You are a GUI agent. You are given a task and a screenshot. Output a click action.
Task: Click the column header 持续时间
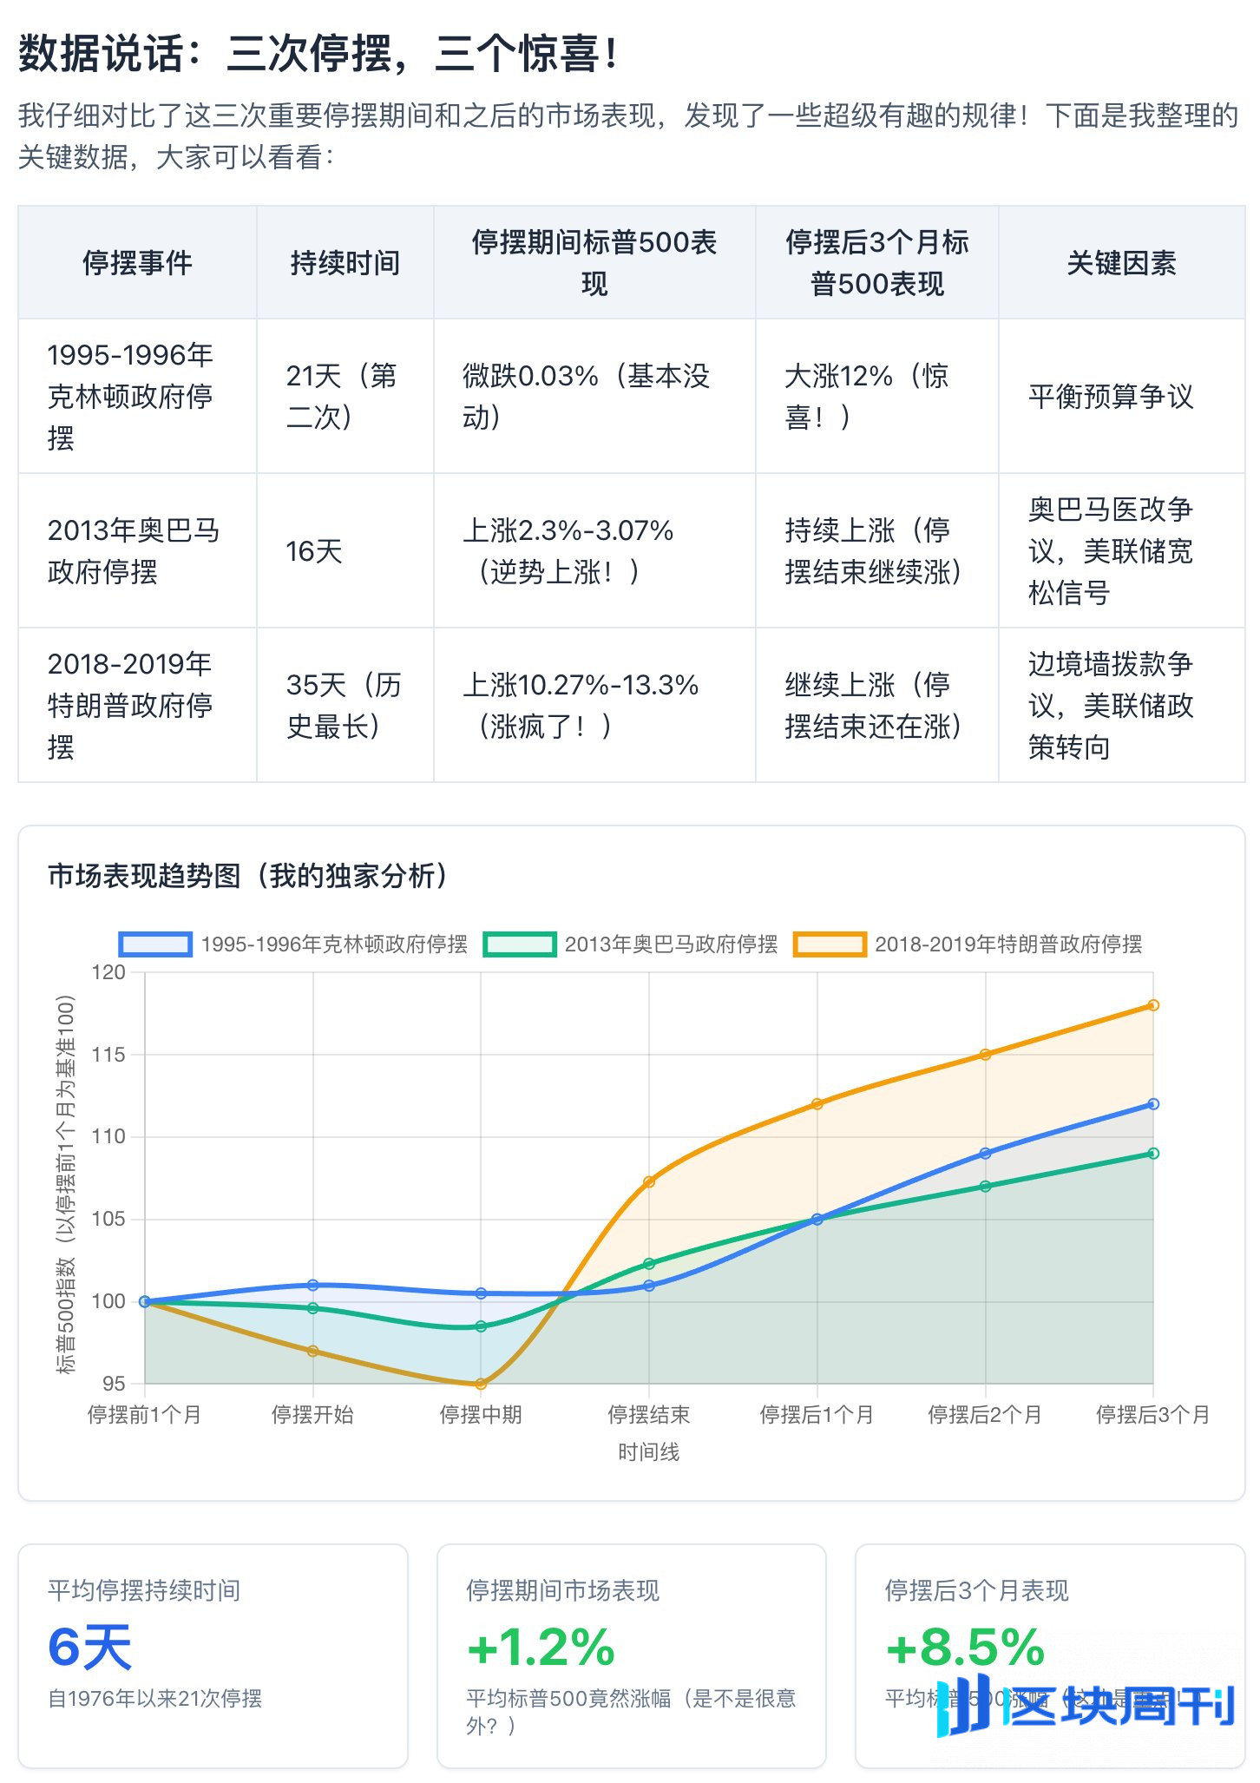point(345,262)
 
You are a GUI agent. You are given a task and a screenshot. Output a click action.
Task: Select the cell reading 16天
point(314,550)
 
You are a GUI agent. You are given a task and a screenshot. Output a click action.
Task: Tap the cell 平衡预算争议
point(1111,396)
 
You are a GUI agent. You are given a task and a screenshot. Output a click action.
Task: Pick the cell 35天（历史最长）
point(344,705)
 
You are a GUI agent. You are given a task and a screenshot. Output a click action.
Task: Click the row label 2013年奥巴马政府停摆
point(134,550)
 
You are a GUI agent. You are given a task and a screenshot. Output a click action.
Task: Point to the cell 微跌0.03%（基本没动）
point(586,396)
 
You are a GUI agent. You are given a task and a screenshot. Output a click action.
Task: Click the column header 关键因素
point(1121,262)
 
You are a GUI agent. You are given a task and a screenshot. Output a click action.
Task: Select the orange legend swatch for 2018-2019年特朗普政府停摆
point(830,944)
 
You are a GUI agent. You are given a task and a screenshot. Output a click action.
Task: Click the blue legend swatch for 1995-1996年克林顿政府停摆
point(155,944)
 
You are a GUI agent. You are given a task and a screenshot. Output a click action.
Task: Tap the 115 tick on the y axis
point(108,1055)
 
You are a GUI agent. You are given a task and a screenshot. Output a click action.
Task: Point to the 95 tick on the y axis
point(114,1383)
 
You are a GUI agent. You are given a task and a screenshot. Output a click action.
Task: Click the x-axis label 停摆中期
point(481,1415)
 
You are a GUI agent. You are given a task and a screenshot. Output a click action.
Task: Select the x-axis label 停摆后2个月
point(985,1415)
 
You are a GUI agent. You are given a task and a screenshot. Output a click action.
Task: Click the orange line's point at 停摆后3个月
point(1153,1005)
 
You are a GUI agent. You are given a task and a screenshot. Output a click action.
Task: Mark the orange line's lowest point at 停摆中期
point(481,1384)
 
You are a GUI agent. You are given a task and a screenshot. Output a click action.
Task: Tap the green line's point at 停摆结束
point(649,1264)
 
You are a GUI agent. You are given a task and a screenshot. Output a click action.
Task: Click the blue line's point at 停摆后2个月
point(985,1154)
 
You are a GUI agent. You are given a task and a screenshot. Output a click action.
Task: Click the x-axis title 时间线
point(648,1452)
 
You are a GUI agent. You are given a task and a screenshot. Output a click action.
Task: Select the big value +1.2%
point(541,1648)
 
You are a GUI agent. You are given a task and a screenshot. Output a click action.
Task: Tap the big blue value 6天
point(90,1648)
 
